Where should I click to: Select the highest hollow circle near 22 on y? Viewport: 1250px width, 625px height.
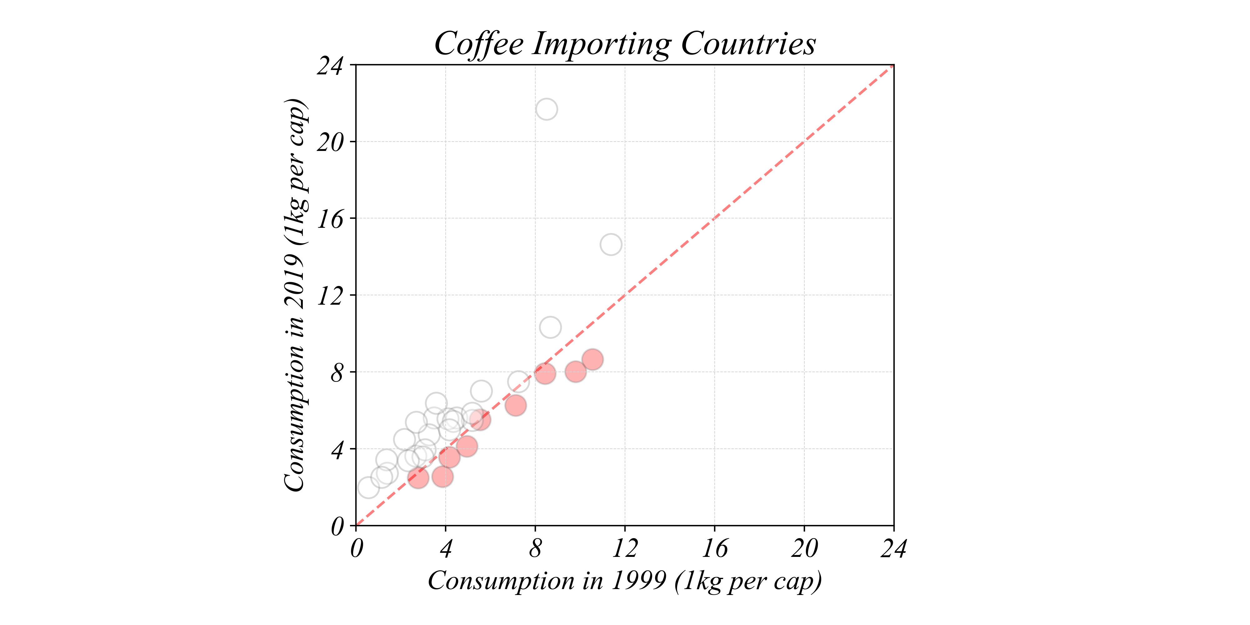tap(546, 109)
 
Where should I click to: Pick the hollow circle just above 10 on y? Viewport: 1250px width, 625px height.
tap(550, 327)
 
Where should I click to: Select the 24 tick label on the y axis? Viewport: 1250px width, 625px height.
tap(330, 66)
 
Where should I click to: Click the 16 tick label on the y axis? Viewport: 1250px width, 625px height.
tap(330, 219)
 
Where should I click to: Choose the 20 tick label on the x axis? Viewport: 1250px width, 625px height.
tap(804, 549)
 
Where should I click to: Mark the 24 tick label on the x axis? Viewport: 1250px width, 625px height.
tap(893, 549)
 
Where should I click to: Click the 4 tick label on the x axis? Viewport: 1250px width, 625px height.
tap(445, 549)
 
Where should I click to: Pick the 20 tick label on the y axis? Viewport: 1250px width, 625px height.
tap(330, 142)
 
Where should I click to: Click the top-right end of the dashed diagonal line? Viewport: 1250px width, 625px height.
tap(892, 67)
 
